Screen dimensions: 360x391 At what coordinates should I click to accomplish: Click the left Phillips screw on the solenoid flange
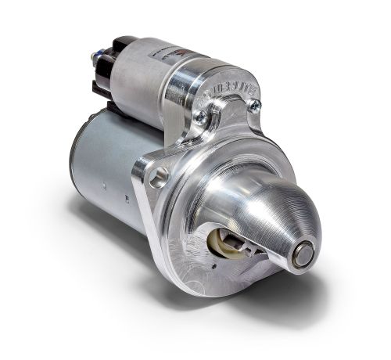200,117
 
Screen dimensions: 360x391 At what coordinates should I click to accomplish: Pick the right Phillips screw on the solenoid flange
253,106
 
